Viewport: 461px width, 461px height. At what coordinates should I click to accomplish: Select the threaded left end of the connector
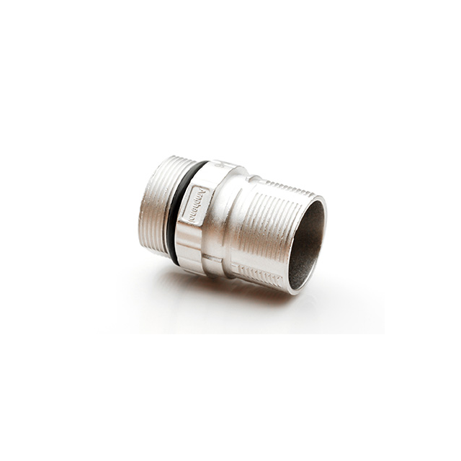click(155, 205)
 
